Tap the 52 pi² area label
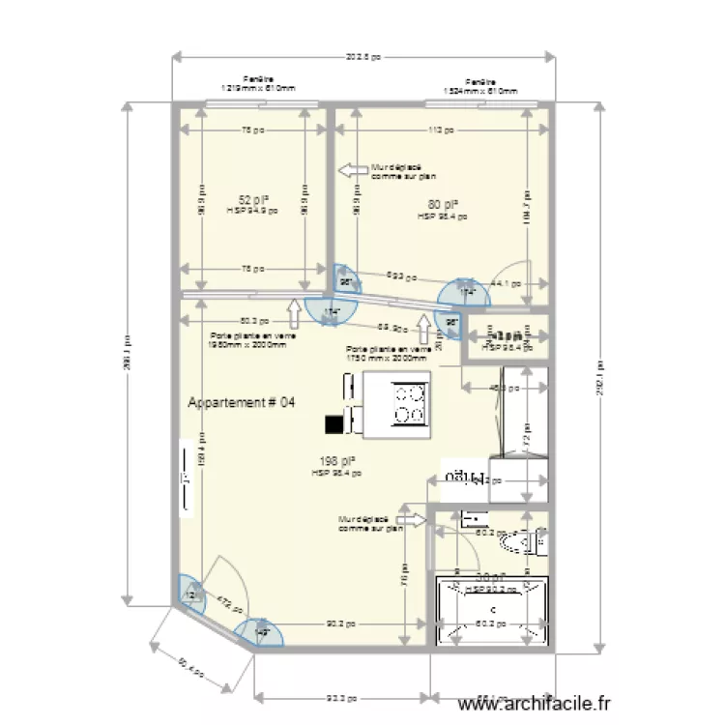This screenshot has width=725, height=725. tap(252, 200)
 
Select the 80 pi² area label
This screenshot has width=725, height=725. tap(442, 204)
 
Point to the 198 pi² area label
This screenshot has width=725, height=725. tap(337, 462)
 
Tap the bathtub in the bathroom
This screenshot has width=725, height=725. tap(494, 612)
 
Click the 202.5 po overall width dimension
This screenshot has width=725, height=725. tap(362, 57)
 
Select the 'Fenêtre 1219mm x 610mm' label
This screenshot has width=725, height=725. tap(257, 85)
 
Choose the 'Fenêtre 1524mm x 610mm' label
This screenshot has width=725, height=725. tap(479, 85)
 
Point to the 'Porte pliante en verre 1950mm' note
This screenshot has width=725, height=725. tap(252, 339)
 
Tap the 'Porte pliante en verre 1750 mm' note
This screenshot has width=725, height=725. tap(387, 353)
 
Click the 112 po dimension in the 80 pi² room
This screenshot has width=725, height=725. tap(442, 130)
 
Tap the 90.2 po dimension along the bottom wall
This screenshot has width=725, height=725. tap(337, 623)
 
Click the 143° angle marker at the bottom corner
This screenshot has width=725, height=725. tap(260, 632)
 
